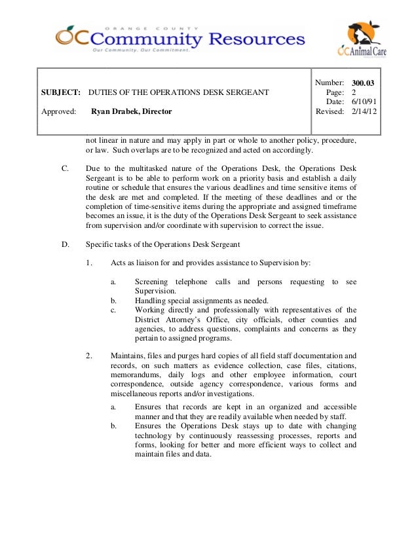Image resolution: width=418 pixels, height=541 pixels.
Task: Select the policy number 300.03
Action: coord(363,83)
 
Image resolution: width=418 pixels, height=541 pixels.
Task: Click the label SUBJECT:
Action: coord(61,92)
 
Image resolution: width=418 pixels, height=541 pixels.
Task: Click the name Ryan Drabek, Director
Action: coord(131,112)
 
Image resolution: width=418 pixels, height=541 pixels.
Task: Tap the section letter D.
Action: coord(65,244)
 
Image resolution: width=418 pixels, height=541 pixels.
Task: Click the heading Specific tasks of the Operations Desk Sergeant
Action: coord(163,244)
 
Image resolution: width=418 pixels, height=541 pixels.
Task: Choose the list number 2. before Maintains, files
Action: coord(88,356)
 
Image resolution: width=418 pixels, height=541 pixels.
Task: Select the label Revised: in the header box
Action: coord(330,112)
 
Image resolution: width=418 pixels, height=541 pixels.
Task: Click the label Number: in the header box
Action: coord(330,83)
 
